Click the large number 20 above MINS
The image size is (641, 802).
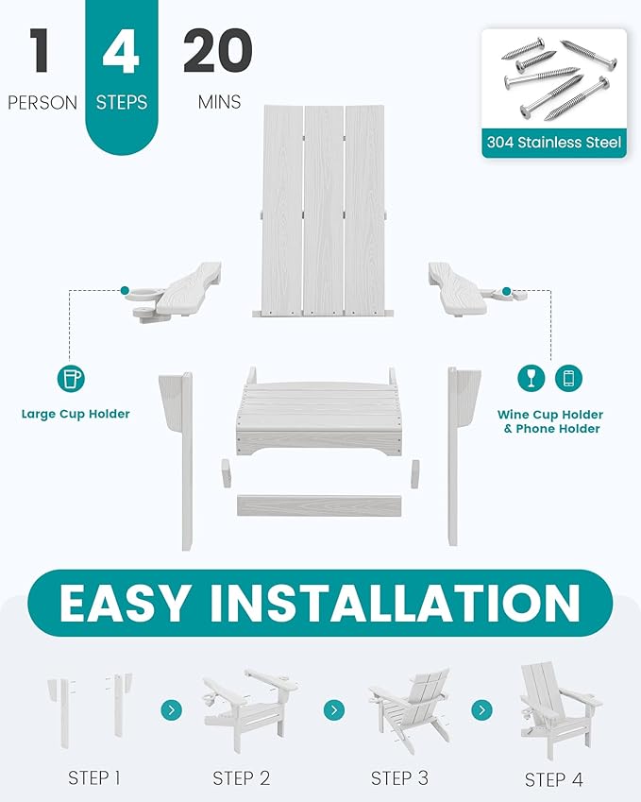(218, 50)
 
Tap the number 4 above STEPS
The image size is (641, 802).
(121, 51)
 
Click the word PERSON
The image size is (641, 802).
(42, 103)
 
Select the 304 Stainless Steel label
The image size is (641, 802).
(554, 143)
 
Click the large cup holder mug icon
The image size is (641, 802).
(71, 379)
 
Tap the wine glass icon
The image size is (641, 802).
(531, 378)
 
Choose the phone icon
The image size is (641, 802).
(568, 378)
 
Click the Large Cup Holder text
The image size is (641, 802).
(76, 414)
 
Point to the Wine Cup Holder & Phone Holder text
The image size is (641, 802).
(550, 421)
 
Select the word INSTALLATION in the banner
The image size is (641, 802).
(396, 603)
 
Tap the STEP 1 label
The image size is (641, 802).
(94, 778)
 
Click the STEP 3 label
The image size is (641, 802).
(399, 778)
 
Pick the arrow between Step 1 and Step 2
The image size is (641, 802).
(171, 710)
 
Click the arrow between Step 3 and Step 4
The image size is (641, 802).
(482, 710)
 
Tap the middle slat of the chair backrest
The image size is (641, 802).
(324, 211)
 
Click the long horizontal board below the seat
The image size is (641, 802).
(319, 504)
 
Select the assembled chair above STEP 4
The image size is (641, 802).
(559, 711)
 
